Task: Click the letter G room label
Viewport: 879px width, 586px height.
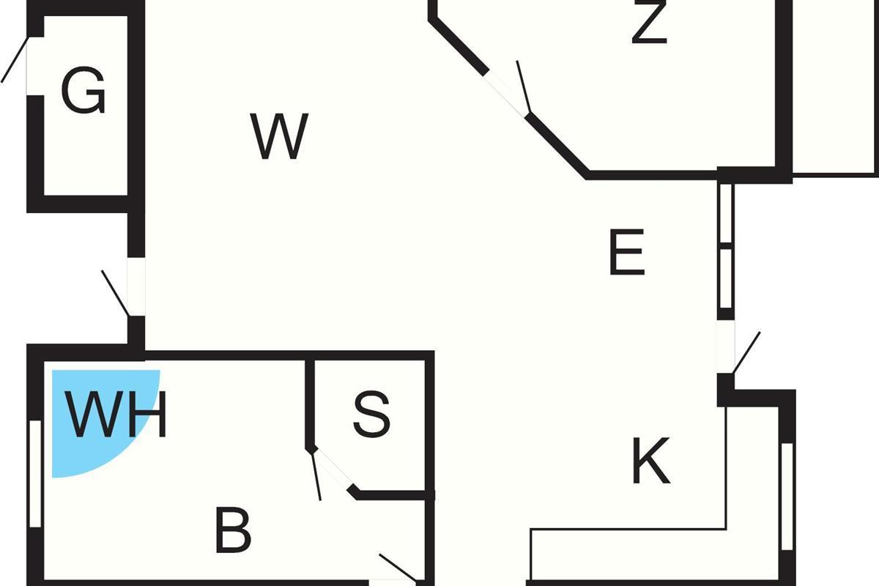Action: [84, 90]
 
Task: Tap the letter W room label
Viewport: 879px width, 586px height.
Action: [279, 136]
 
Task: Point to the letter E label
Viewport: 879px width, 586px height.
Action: [627, 252]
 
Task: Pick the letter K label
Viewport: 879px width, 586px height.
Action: [650, 461]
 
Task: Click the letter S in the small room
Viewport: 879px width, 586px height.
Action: [371, 414]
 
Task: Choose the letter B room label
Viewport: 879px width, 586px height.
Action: [233, 530]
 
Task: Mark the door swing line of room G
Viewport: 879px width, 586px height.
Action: [15, 59]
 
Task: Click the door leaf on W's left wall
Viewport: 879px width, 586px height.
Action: [115, 293]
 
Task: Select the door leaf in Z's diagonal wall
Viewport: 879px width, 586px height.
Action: [524, 86]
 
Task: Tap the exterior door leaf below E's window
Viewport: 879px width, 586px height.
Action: [746, 352]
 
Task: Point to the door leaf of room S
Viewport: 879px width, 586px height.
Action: [316, 475]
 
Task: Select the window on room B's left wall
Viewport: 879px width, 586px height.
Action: [35, 474]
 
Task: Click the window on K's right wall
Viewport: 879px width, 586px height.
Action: [787, 497]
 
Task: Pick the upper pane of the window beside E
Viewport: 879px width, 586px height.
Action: [726, 213]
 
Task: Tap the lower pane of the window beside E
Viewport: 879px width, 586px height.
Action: [726, 278]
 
